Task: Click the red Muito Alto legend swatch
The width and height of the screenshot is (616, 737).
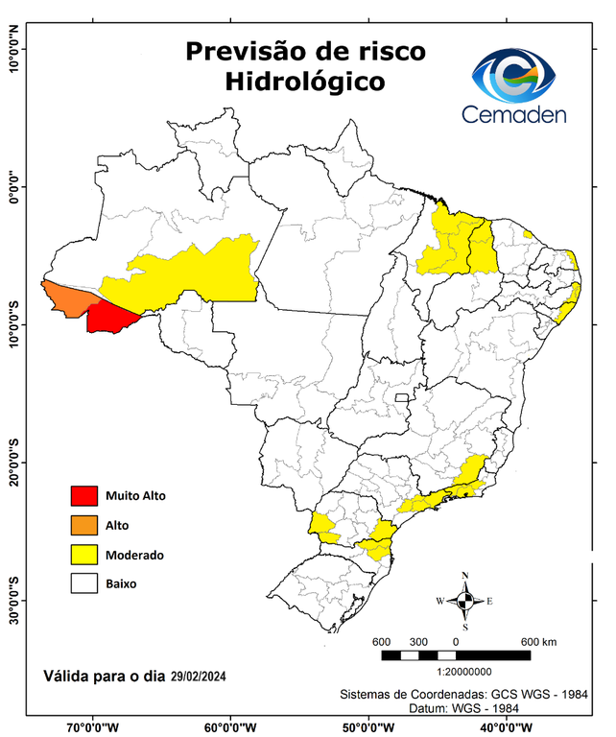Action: pyautogui.click(x=84, y=496)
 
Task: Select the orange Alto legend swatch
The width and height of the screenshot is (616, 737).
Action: pyautogui.click(x=84, y=525)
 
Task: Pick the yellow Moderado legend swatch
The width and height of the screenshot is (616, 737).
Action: pyautogui.click(x=84, y=555)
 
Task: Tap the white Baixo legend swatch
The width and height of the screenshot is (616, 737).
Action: pyautogui.click(x=84, y=583)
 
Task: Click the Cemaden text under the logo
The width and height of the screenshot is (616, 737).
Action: pyautogui.click(x=514, y=114)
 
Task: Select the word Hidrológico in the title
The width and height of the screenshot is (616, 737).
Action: pyautogui.click(x=304, y=82)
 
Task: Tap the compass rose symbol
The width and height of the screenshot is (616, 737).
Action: pyautogui.click(x=465, y=602)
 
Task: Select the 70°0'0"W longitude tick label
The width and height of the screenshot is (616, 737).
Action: pyautogui.click(x=93, y=727)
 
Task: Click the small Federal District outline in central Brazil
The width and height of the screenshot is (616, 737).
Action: pyautogui.click(x=403, y=395)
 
